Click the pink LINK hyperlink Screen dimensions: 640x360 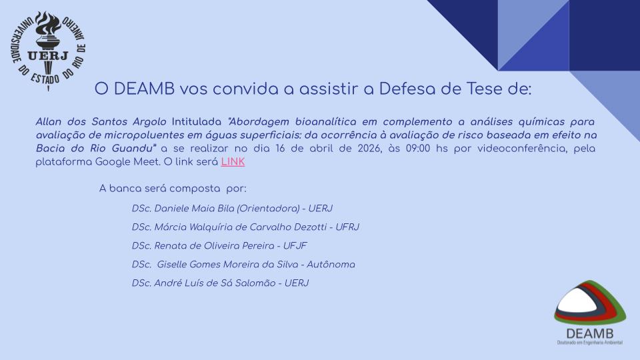click(x=233, y=162)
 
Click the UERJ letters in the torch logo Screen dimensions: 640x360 click(x=48, y=55)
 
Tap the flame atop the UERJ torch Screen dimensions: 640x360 click(x=48, y=24)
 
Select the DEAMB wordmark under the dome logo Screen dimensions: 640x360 click(x=589, y=333)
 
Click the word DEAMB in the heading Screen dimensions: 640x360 click(x=144, y=89)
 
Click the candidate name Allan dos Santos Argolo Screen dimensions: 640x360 click(x=101, y=122)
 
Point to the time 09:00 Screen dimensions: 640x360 click(x=418, y=149)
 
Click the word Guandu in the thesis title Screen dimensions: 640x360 click(x=134, y=149)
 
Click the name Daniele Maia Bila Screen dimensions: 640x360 click(x=194, y=209)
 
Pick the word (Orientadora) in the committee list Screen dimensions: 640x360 click(x=268, y=209)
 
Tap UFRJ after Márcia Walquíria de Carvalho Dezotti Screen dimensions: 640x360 click(x=347, y=227)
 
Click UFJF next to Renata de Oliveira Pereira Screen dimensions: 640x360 click(x=295, y=246)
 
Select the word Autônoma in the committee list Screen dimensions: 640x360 click(x=331, y=265)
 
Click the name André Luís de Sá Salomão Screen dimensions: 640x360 click(x=215, y=284)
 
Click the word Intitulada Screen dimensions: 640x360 click(x=196, y=122)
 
